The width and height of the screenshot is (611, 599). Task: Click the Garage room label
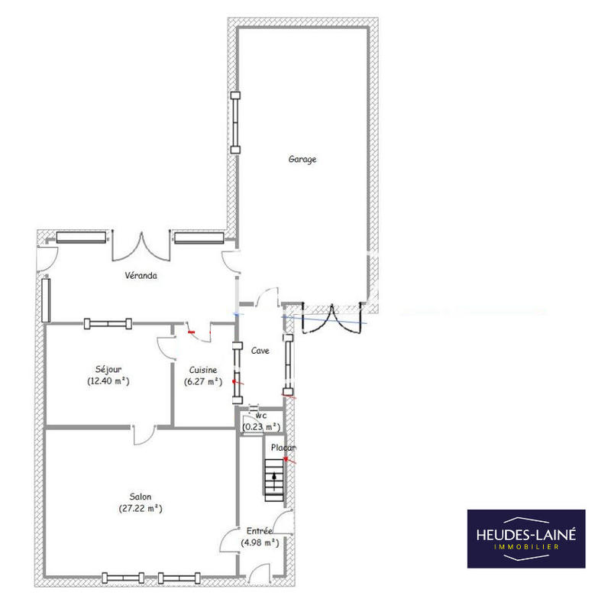(302, 160)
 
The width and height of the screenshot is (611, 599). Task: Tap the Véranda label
(141, 276)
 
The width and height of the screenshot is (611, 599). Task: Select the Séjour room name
(108, 369)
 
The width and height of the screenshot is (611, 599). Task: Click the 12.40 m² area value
(108, 380)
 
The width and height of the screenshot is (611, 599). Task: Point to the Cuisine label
(202, 369)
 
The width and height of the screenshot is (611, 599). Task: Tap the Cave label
(261, 351)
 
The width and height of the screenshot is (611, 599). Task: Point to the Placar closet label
(282, 448)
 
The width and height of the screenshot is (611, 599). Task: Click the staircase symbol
(274, 478)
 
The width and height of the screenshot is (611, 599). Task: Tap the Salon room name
(140, 497)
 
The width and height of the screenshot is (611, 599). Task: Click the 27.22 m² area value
(140, 508)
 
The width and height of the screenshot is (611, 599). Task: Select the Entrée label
(260, 531)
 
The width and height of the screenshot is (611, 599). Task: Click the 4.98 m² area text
(260, 542)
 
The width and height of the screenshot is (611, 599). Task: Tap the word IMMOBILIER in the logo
(526, 548)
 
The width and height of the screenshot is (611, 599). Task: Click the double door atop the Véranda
(141, 246)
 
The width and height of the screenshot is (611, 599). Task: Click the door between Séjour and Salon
(143, 435)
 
